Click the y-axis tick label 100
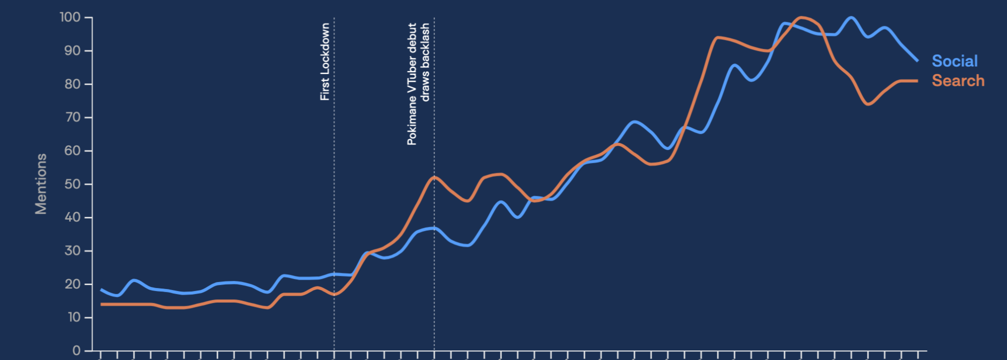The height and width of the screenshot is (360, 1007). (x=70, y=18)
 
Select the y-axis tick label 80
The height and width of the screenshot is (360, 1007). (x=73, y=84)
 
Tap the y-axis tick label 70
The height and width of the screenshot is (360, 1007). (x=73, y=117)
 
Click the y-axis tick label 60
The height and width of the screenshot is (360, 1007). (x=73, y=151)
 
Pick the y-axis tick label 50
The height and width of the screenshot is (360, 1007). (x=73, y=184)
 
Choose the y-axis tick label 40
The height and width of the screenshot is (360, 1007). (x=73, y=218)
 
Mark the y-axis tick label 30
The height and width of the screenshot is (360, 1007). (x=73, y=251)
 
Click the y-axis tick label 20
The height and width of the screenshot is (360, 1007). (x=73, y=284)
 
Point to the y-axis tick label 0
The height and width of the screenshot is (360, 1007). (x=77, y=350)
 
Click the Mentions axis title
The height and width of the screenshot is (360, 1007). (x=41, y=184)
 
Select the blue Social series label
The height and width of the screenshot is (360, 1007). (x=954, y=61)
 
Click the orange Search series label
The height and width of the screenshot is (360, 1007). (x=958, y=81)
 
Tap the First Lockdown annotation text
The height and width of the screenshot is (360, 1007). (x=325, y=61)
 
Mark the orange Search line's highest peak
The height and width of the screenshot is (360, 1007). (x=801, y=18)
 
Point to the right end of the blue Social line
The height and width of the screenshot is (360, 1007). (x=917, y=61)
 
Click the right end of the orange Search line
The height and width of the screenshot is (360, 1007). (x=917, y=81)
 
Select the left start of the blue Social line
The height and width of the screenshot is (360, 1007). (x=101, y=290)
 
